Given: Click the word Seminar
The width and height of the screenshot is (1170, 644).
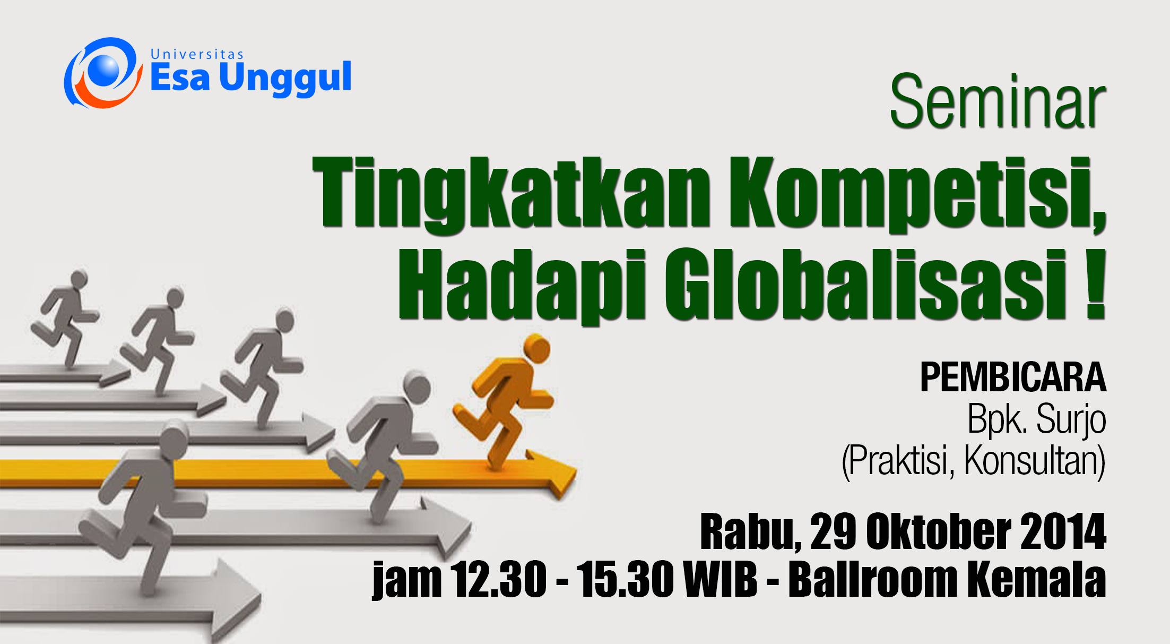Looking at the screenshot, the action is click(998, 101).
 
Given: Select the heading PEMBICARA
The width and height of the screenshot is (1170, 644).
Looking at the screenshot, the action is click(1013, 377).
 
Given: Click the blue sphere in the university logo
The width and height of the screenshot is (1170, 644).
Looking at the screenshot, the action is click(104, 70).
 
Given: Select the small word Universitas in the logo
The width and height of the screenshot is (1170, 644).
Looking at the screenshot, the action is click(197, 54).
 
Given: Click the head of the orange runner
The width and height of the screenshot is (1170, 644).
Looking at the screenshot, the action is click(536, 348).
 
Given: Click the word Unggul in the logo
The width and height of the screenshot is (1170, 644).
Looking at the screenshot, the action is click(285, 78).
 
